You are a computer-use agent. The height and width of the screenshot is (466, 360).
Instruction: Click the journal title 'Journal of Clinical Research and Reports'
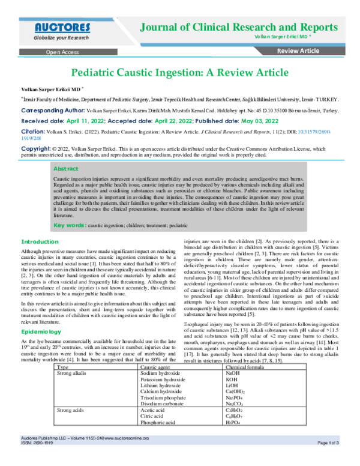coord(238,27)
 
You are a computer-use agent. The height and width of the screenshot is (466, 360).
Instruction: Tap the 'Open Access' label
coord(62,52)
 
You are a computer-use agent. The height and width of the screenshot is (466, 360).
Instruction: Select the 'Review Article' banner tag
coord(298,52)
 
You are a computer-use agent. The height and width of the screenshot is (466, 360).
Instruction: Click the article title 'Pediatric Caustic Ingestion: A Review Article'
coord(179,73)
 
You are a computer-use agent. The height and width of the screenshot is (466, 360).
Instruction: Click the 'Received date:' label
coord(46,121)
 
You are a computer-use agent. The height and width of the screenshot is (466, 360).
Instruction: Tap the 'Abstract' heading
coord(67,169)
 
